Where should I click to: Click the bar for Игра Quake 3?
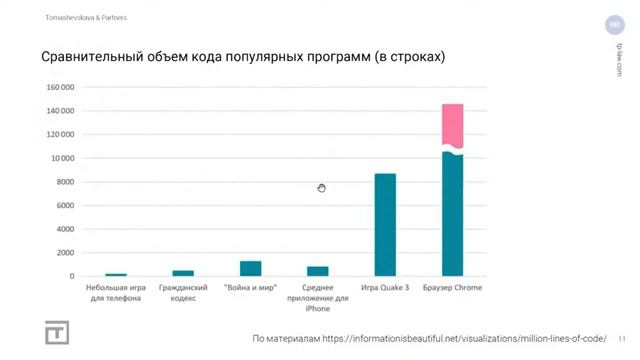[385, 224]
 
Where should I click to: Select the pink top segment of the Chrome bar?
[452, 125]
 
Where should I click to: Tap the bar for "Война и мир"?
[250, 268]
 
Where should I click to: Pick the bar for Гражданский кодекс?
[183, 273]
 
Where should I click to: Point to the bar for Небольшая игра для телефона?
[116, 274]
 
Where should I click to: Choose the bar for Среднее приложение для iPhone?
[317, 270]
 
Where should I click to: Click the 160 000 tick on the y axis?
[61, 87]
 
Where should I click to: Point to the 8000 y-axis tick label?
[66, 181]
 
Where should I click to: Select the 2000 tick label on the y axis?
[66, 252]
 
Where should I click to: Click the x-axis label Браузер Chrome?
[452, 288]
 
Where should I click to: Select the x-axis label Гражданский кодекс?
[183, 292]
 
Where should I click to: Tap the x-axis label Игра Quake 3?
[385, 288]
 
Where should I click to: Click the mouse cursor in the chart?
[321, 188]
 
